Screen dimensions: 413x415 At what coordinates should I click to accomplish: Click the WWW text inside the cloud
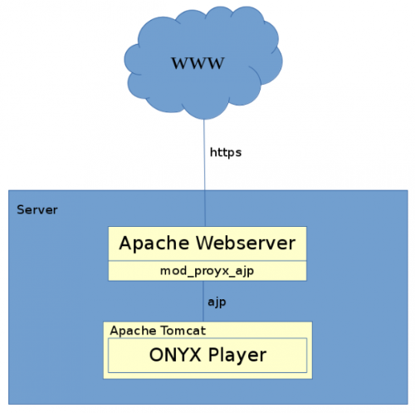click(198, 63)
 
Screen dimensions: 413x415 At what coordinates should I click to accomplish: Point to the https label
click(225, 153)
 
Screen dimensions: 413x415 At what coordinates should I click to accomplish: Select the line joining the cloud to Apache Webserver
click(205, 183)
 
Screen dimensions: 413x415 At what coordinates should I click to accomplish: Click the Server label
click(37, 209)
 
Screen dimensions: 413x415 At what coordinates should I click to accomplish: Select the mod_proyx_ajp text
click(207, 271)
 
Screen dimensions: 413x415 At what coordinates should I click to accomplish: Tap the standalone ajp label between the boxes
click(217, 302)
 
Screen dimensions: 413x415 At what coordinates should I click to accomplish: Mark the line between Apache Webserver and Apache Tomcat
click(205, 302)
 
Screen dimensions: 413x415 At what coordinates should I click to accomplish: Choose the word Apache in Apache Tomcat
click(131, 330)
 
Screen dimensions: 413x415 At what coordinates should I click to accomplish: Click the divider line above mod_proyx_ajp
click(207, 260)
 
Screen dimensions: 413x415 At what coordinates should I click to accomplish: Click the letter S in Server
click(21, 209)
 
